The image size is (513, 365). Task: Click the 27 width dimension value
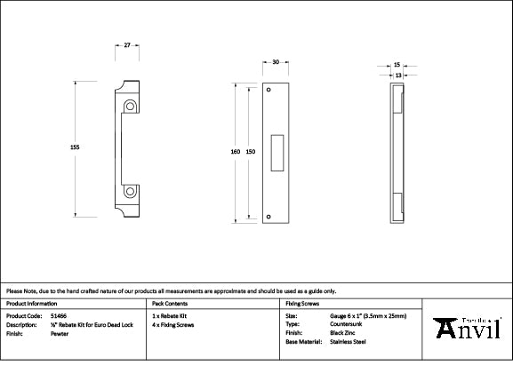128,44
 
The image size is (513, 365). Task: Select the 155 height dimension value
75,147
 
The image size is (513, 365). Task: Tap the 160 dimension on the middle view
235,152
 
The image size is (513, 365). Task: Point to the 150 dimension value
251,152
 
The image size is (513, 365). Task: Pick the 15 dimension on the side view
397,65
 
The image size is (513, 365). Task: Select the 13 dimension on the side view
397,76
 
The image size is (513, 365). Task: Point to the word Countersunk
347,323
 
